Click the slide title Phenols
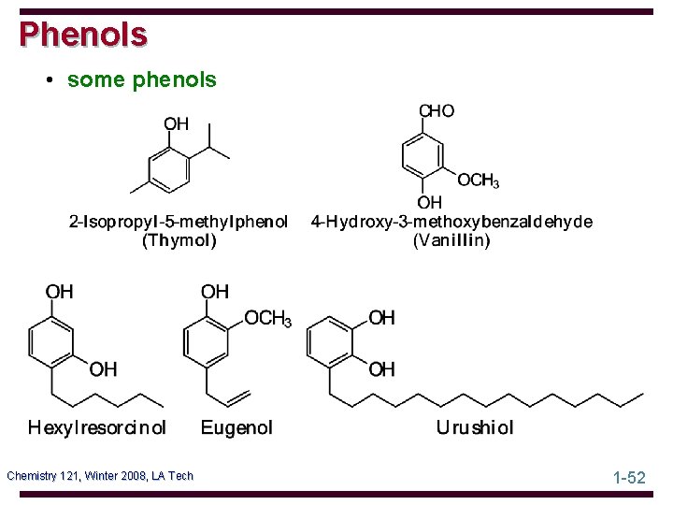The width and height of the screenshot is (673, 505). click(83, 34)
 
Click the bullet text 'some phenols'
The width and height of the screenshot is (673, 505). click(141, 80)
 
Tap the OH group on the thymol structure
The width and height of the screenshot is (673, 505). click(176, 124)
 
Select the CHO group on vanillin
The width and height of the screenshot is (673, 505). click(437, 111)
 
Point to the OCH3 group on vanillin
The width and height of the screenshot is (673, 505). click(478, 180)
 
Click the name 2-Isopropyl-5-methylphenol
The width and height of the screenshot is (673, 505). click(179, 223)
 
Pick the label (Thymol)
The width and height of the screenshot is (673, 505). click(179, 240)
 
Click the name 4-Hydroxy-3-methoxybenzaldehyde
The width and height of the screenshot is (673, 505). click(451, 223)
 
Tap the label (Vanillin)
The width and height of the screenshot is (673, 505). click(451, 240)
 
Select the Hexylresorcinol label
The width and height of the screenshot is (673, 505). click(97, 428)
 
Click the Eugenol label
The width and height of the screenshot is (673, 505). click(237, 428)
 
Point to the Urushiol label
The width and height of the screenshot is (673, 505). click(475, 428)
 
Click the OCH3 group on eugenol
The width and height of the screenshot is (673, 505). click(267, 319)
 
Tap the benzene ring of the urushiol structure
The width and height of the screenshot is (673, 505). click(330, 343)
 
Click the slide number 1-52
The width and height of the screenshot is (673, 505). click(629, 477)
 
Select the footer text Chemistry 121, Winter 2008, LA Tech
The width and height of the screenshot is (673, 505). click(100, 476)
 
